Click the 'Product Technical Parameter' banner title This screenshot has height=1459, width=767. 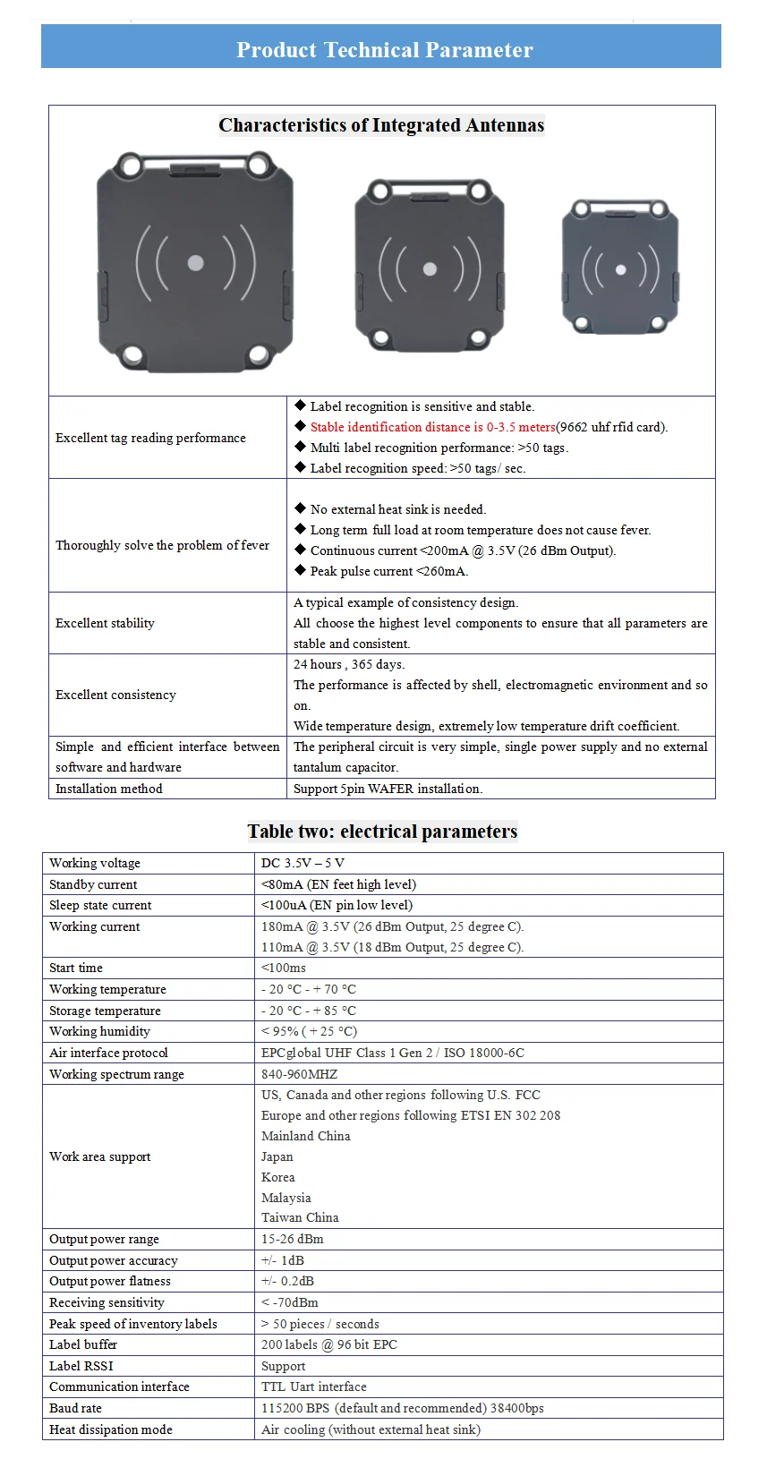384,49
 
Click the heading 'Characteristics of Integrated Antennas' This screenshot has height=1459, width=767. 381,125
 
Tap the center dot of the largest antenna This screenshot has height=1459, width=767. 195,263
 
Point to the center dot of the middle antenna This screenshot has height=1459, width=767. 430,269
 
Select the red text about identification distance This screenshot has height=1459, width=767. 432,427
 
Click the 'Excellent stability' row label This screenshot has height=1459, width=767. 105,623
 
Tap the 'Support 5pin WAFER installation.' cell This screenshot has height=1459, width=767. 388,789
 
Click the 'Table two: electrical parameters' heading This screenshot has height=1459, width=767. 382,832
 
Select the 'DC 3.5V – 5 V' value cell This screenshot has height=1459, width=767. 303,863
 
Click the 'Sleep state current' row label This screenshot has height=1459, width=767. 100,905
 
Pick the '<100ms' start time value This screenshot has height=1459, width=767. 283,968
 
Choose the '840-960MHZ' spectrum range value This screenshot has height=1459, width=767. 299,1074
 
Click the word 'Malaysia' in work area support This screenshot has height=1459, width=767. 285,1198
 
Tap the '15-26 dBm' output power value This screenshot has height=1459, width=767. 292,1239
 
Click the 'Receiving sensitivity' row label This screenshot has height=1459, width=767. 107,1302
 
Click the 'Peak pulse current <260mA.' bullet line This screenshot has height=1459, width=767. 388,571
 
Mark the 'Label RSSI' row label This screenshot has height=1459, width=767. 81,1366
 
